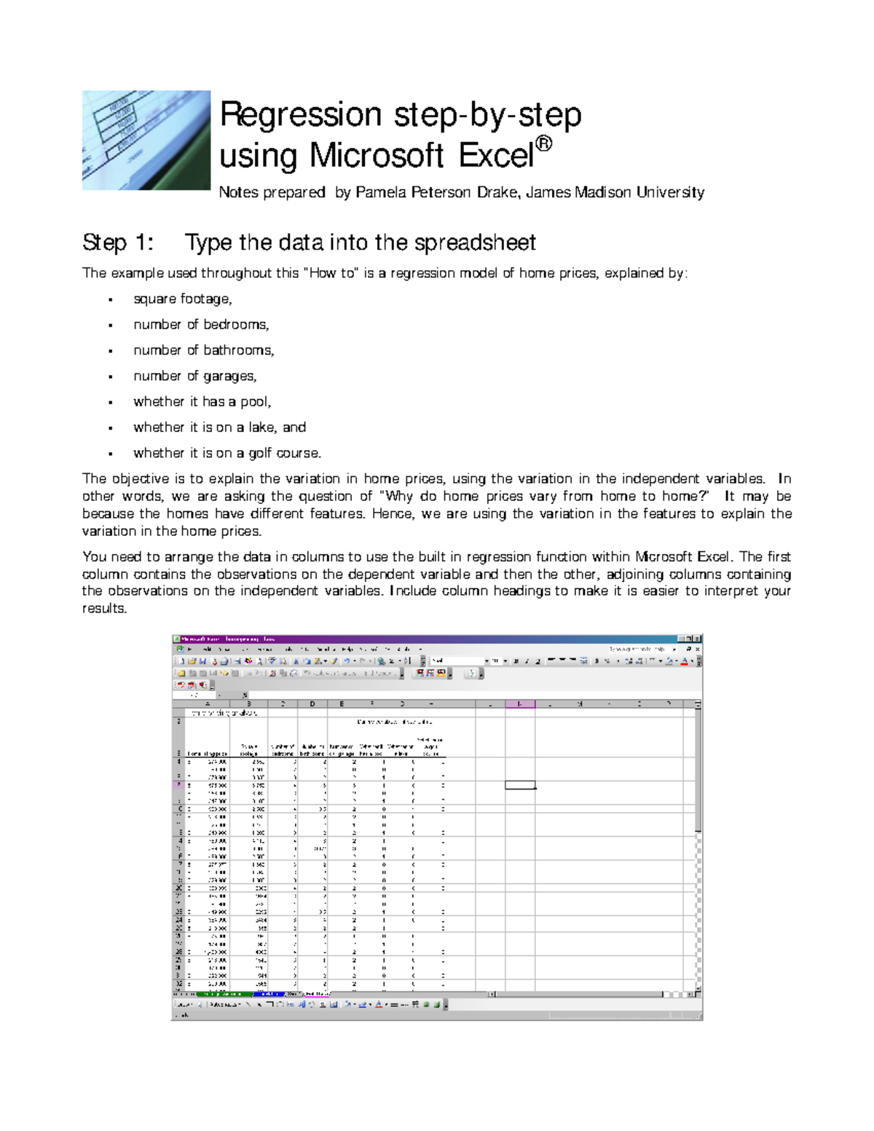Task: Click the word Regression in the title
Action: click(x=300, y=115)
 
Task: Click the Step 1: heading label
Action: click(x=118, y=243)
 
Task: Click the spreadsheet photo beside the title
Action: click(x=146, y=140)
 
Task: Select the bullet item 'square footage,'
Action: click(x=182, y=299)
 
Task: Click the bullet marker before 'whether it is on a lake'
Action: click(x=110, y=428)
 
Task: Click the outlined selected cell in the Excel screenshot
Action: click(x=519, y=784)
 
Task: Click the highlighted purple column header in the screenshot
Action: click(x=519, y=704)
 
